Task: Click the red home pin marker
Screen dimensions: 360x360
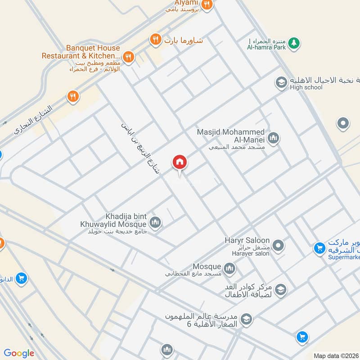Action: point(179,162)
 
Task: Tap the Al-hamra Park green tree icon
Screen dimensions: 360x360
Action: point(294,42)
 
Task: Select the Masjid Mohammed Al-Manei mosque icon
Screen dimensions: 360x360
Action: point(273,138)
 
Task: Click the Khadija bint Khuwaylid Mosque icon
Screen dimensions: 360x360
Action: point(156,222)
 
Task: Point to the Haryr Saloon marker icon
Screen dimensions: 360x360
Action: point(279,246)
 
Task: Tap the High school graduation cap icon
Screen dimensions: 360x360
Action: point(281,83)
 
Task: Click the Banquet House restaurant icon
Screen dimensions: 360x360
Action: point(128,57)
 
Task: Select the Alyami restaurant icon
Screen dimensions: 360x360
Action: point(207,4)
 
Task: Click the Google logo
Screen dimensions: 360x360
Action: point(19,353)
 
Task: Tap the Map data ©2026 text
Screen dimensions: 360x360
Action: point(336,355)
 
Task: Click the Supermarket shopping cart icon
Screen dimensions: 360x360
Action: point(319,248)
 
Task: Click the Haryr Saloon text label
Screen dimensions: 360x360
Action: point(247,241)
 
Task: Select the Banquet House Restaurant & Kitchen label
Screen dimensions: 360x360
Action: point(81,52)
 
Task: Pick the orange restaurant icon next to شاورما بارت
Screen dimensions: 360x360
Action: point(155,40)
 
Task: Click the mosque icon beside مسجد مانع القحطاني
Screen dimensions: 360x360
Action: point(230,269)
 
